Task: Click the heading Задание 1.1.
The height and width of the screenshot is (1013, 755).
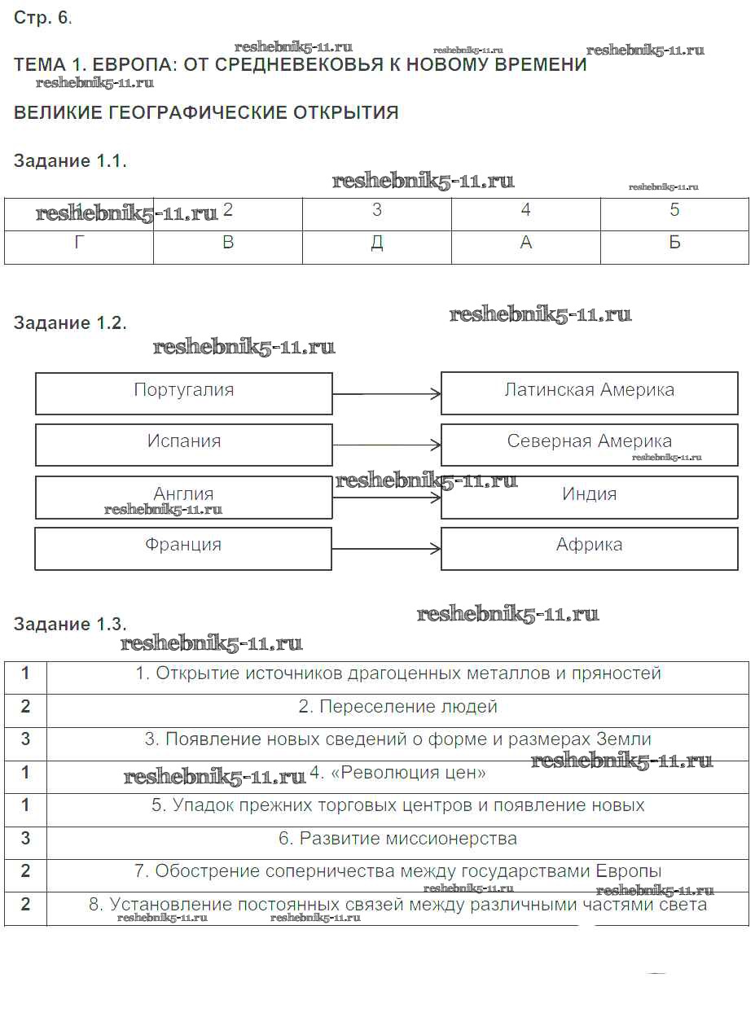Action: click(x=70, y=161)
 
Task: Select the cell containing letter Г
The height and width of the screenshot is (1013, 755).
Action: click(x=79, y=243)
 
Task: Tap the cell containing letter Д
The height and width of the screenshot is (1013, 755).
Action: click(x=376, y=243)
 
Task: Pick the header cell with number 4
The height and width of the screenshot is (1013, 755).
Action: click(x=525, y=210)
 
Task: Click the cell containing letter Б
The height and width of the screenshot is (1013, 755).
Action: click(x=674, y=243)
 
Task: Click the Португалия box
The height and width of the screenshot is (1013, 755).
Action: click(x=184, y=391)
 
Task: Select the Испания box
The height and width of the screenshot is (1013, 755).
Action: click(x=184, y=442)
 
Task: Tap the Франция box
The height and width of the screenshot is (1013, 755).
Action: click(x=183, y=546)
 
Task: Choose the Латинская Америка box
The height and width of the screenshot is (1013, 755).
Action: click(x=589, y=391)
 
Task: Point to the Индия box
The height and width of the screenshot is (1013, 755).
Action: click(x=589, y=495)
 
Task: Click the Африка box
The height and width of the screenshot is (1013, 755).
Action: click(x=589, y=546)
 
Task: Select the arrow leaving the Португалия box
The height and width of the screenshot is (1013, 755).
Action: click(x=387, y=394)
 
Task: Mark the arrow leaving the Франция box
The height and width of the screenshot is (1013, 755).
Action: click(x=387, y=549)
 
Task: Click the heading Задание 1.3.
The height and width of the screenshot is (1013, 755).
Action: click(x=70, y=625)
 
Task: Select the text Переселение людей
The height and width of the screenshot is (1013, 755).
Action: click(x=397, y=707)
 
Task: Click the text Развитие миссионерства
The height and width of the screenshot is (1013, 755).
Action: click(x=397, y=839)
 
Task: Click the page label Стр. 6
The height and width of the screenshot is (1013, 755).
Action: click(x=42, y=19)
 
